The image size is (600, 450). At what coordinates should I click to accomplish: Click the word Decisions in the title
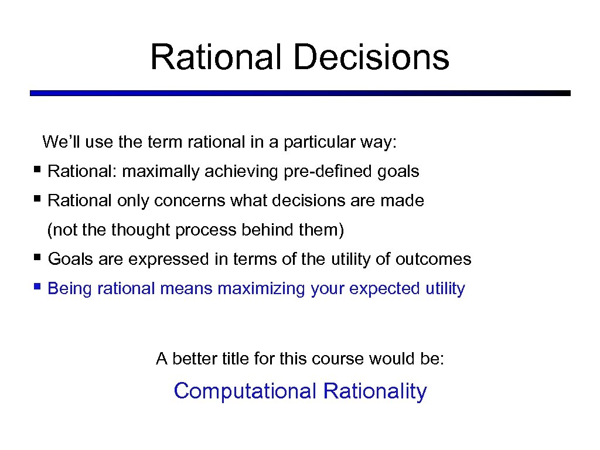point(371,57)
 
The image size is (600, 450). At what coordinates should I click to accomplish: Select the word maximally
point(160,172)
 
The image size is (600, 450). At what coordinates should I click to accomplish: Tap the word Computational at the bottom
point(246,391)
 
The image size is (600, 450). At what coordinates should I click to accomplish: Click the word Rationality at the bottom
point(375,391)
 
